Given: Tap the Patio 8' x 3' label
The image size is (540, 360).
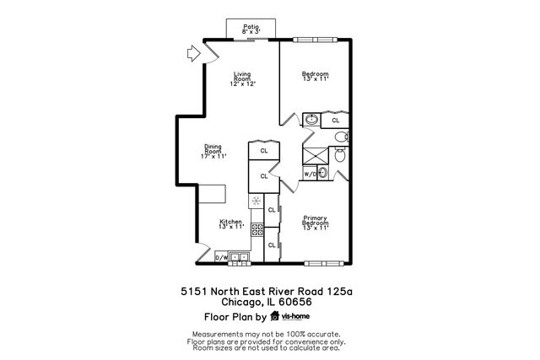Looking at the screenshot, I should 251,29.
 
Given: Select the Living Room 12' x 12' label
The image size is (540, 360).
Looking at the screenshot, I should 243,79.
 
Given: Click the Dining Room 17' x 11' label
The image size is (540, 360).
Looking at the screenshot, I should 213,151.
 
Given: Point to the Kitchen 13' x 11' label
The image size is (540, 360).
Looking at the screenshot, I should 230,224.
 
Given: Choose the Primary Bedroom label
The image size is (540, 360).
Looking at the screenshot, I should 316,223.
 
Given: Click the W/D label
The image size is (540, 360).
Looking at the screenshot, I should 310,175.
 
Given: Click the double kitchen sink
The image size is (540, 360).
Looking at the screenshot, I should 240,256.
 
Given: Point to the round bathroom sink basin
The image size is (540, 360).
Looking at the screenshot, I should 312,120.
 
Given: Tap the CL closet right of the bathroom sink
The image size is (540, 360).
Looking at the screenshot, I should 335,120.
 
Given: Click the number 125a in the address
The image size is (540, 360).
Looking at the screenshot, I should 337,291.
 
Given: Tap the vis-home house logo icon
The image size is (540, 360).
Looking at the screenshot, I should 274,317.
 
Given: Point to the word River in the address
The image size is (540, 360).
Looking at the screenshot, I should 283,291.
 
